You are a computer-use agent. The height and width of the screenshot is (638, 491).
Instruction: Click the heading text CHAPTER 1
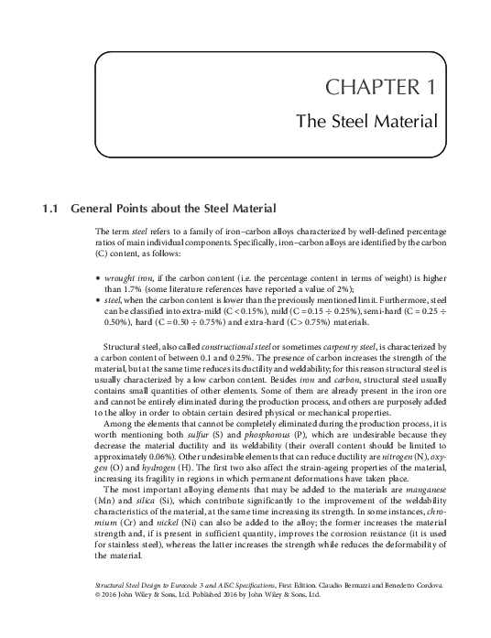click(381, 88)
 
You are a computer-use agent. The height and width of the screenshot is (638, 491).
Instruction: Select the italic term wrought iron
click(125, 275)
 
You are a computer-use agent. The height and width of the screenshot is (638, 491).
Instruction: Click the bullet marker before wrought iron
click(97, 275)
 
